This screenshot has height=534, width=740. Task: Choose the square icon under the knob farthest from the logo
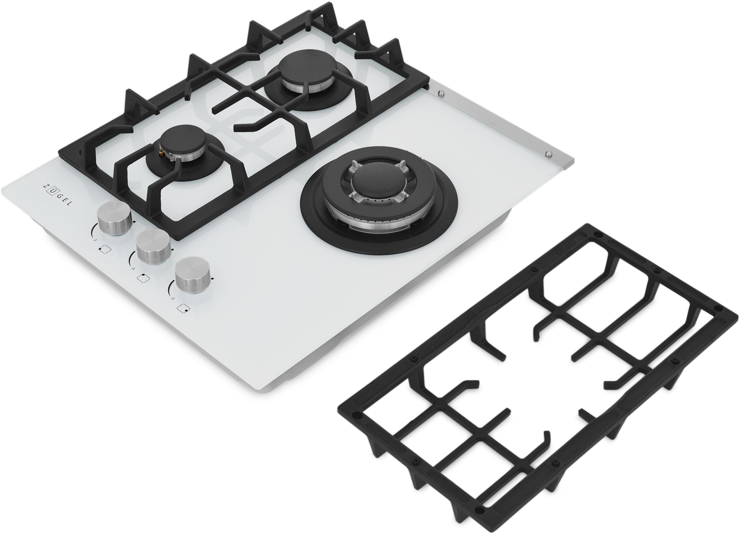tap(183, 308)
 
